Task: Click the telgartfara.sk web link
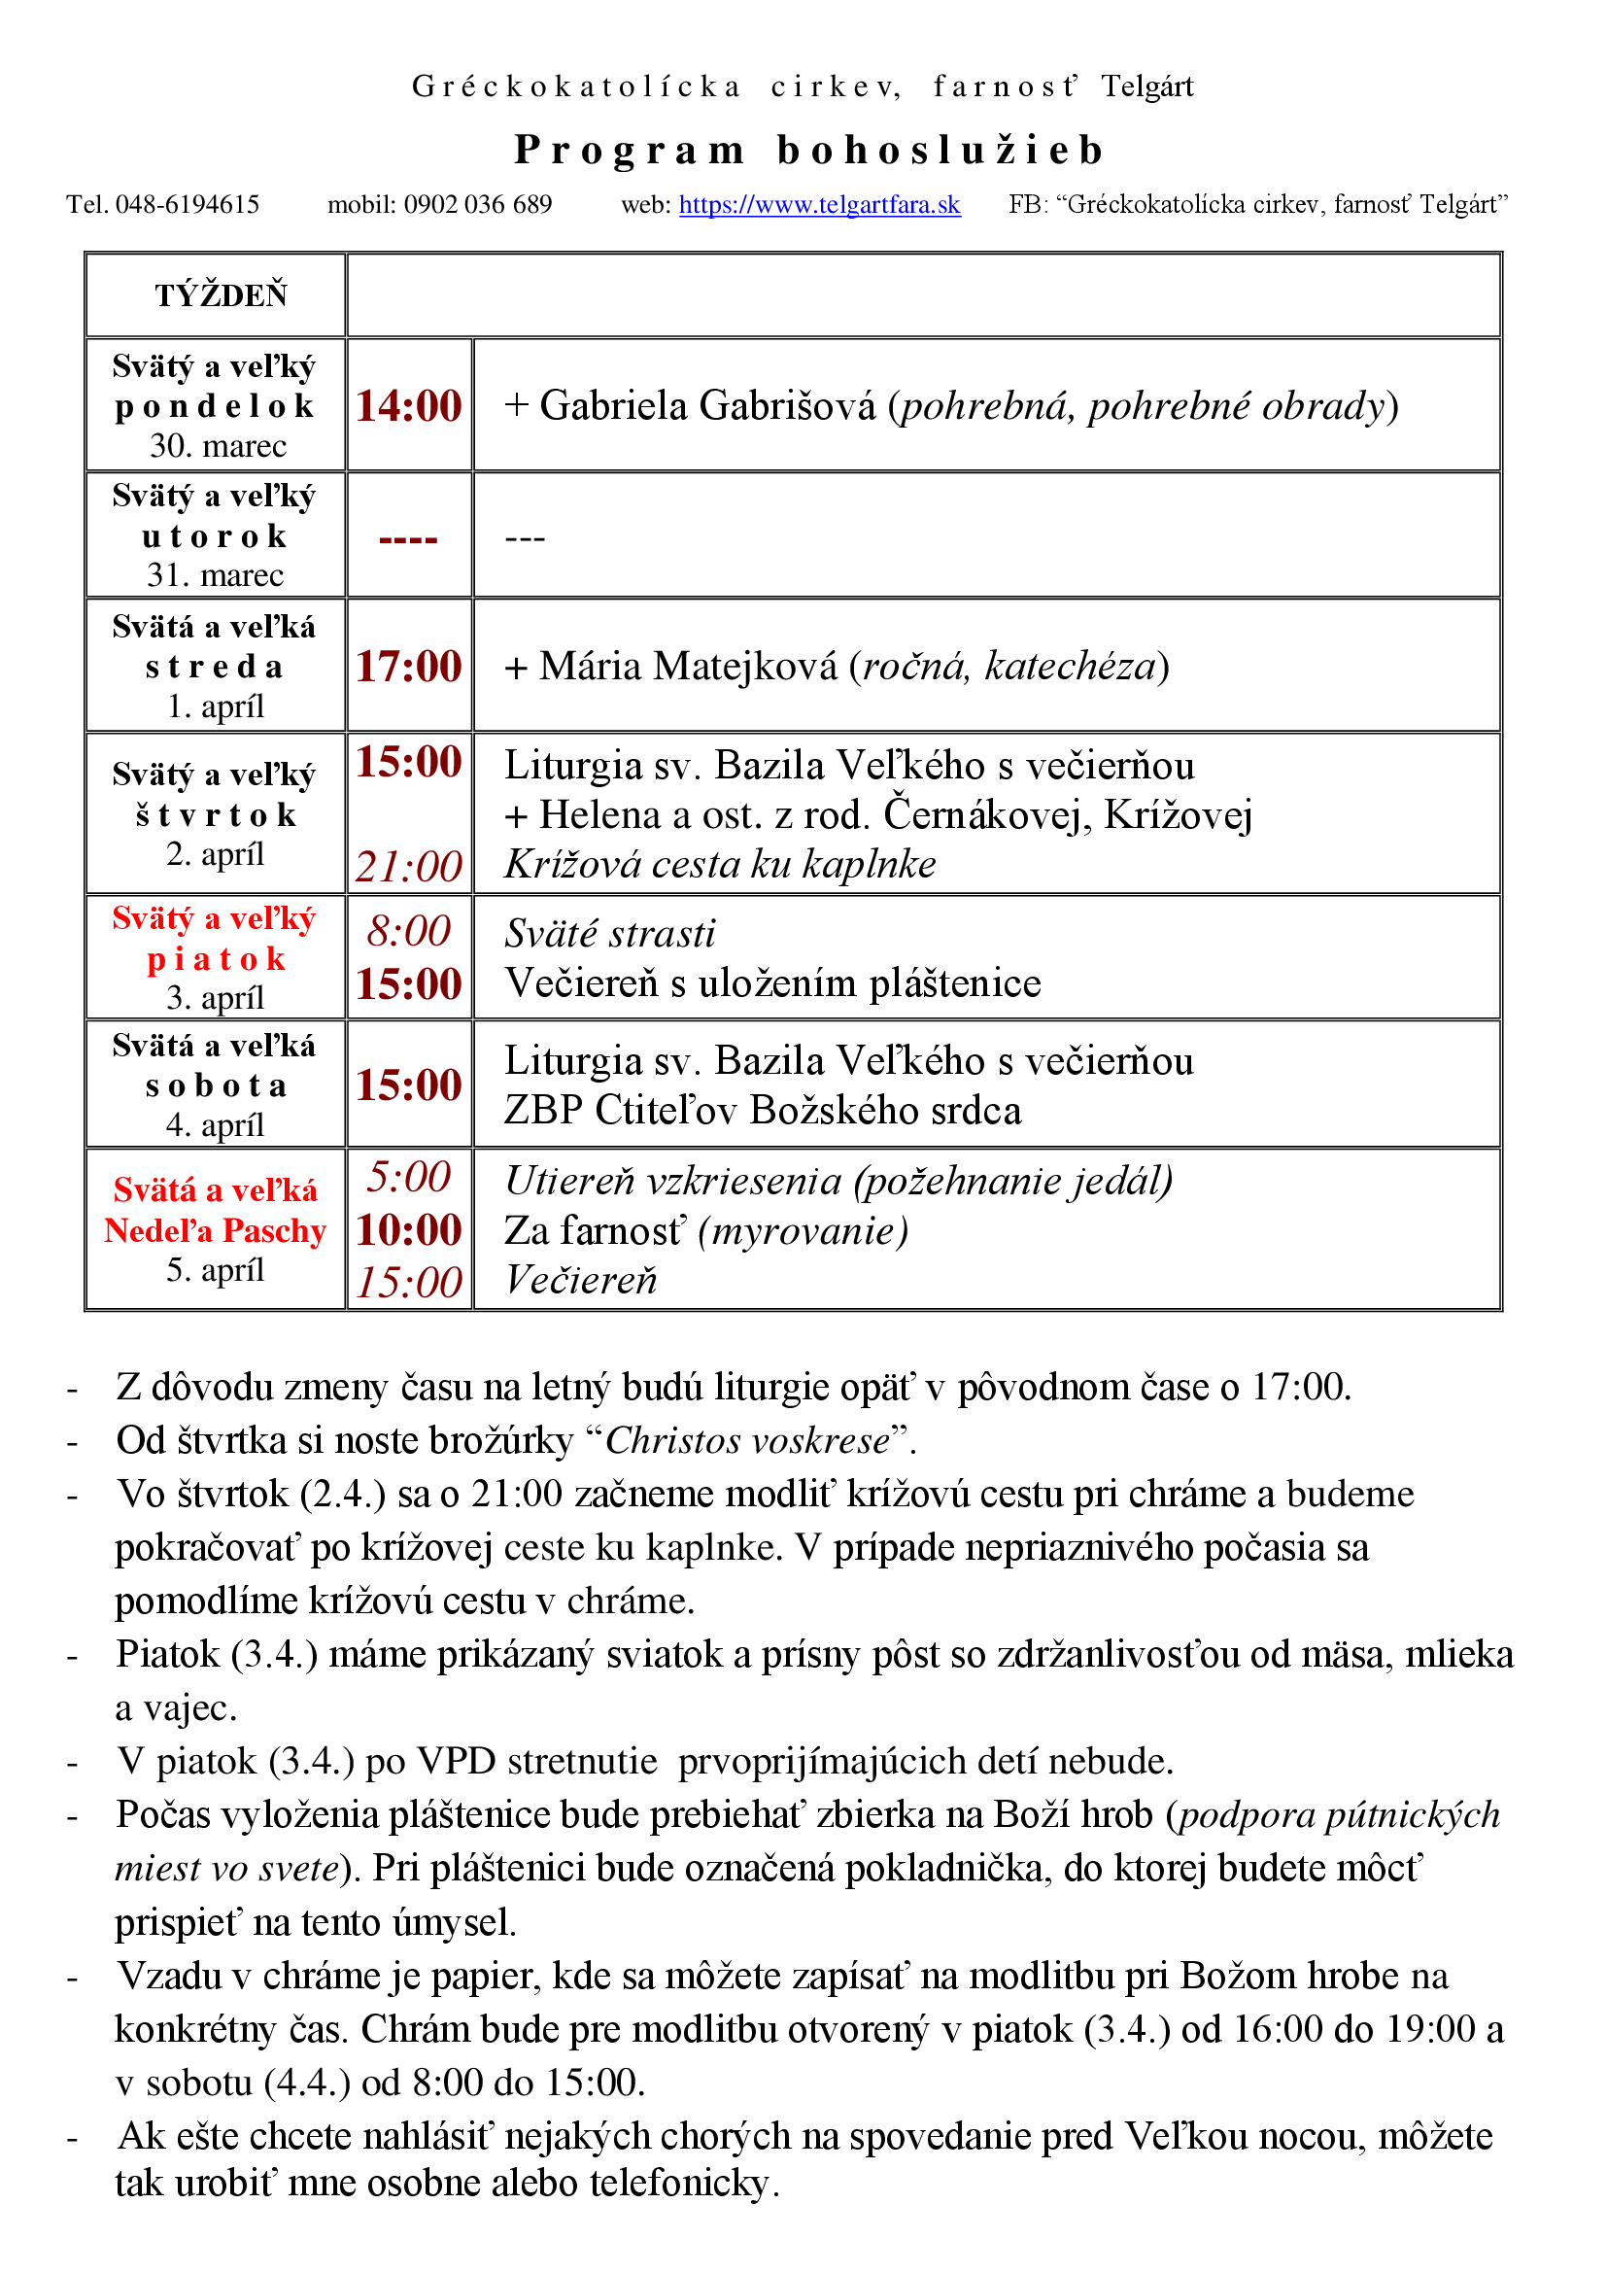(819, 205)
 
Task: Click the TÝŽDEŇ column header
(221, 296)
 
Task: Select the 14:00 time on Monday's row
(409, 406)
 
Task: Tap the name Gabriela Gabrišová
(707, 406)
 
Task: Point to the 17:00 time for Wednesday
(409, 667)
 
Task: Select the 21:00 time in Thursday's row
(409, 866)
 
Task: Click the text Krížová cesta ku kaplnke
(719, 864)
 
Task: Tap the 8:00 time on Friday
(409, 932)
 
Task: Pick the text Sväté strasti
(609, 934)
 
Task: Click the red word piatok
(216, 958)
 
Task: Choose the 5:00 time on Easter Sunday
(409, 1177)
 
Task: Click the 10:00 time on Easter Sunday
(409, 1230)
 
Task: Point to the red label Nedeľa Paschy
(216, 1230)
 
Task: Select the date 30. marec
(218, 445)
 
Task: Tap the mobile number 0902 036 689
(478, 205)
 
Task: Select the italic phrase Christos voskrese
(747, 1440)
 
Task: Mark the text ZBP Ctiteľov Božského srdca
(762, 1111)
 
